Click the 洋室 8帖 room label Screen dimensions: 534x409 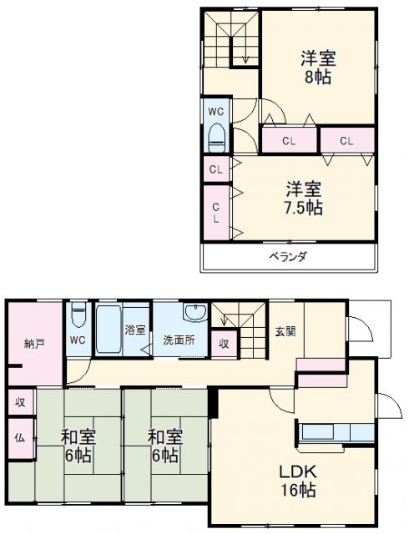tap(318, 66)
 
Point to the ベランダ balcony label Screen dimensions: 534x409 tap(287, 256)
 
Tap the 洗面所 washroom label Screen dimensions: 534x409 tap(179, 340)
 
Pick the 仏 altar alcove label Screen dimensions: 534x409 tap(19, 436)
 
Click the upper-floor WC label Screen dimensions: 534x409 tap(216, 111)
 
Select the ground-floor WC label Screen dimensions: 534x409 tap(78, 340)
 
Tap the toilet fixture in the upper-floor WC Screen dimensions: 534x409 tap(217, 134)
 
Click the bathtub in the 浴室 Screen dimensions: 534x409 tap(109, 329)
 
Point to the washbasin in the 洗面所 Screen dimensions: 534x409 tap(194, 315)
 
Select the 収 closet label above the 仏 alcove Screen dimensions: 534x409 tap(19, 401)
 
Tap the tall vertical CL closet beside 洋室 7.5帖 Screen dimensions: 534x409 tap(215, 212)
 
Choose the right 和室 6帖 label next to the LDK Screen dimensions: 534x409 tap(164, 446)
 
